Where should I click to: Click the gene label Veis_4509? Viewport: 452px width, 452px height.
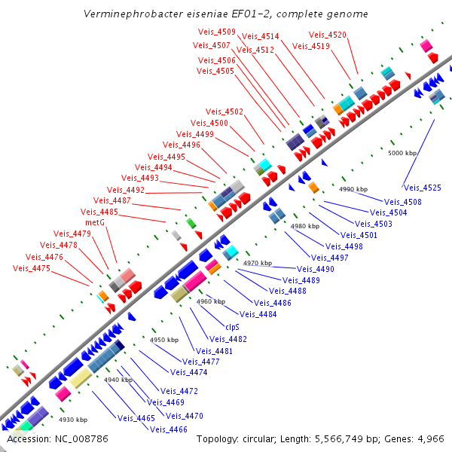point(217,32)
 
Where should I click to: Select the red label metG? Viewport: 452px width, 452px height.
point(94,222)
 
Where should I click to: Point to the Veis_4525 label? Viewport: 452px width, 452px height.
point(423,188)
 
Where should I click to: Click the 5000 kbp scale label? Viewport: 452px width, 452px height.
point(402,153)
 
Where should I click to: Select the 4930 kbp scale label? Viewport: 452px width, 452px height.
point(73,420)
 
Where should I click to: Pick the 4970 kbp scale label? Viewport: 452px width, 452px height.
point(258,263)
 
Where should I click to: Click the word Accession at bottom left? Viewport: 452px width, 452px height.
point(28,438)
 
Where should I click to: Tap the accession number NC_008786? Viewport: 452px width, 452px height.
point(81,438)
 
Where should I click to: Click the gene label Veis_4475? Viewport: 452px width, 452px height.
point(32,268)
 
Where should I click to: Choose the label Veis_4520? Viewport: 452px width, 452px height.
point(328,35)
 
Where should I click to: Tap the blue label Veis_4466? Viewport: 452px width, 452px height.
point(169,429)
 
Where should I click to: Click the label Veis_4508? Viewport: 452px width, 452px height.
point(403,202)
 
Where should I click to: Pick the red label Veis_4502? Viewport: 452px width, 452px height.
point(224,111)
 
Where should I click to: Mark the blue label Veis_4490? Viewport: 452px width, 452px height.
point(316,269)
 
